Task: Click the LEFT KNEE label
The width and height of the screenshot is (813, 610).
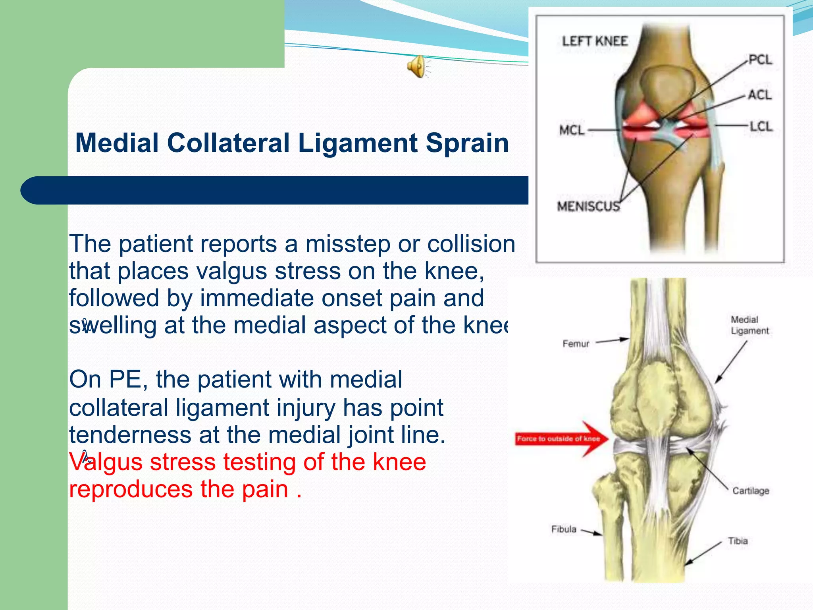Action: [x=594, y=41]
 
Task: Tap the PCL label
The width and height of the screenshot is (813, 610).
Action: [x=760, y=60]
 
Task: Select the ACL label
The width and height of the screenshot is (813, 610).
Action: [x=759, y=95]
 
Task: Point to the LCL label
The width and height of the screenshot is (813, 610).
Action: [x=761, y=127]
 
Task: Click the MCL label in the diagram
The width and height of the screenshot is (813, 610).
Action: [x=571, y=130]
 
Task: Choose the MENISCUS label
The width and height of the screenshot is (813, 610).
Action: [x=588, y=206]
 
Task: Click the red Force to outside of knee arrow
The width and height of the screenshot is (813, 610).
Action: [x=561, y=438]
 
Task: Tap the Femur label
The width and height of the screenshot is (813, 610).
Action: [x=575, y=344]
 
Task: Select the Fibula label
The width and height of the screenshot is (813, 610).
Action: [x=563, y=529]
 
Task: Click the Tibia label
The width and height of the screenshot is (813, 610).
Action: [x=737, y=541]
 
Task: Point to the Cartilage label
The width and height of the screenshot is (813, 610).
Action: [x=750, y=491]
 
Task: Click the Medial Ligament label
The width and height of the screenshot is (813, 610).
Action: [x=749, y=325]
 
